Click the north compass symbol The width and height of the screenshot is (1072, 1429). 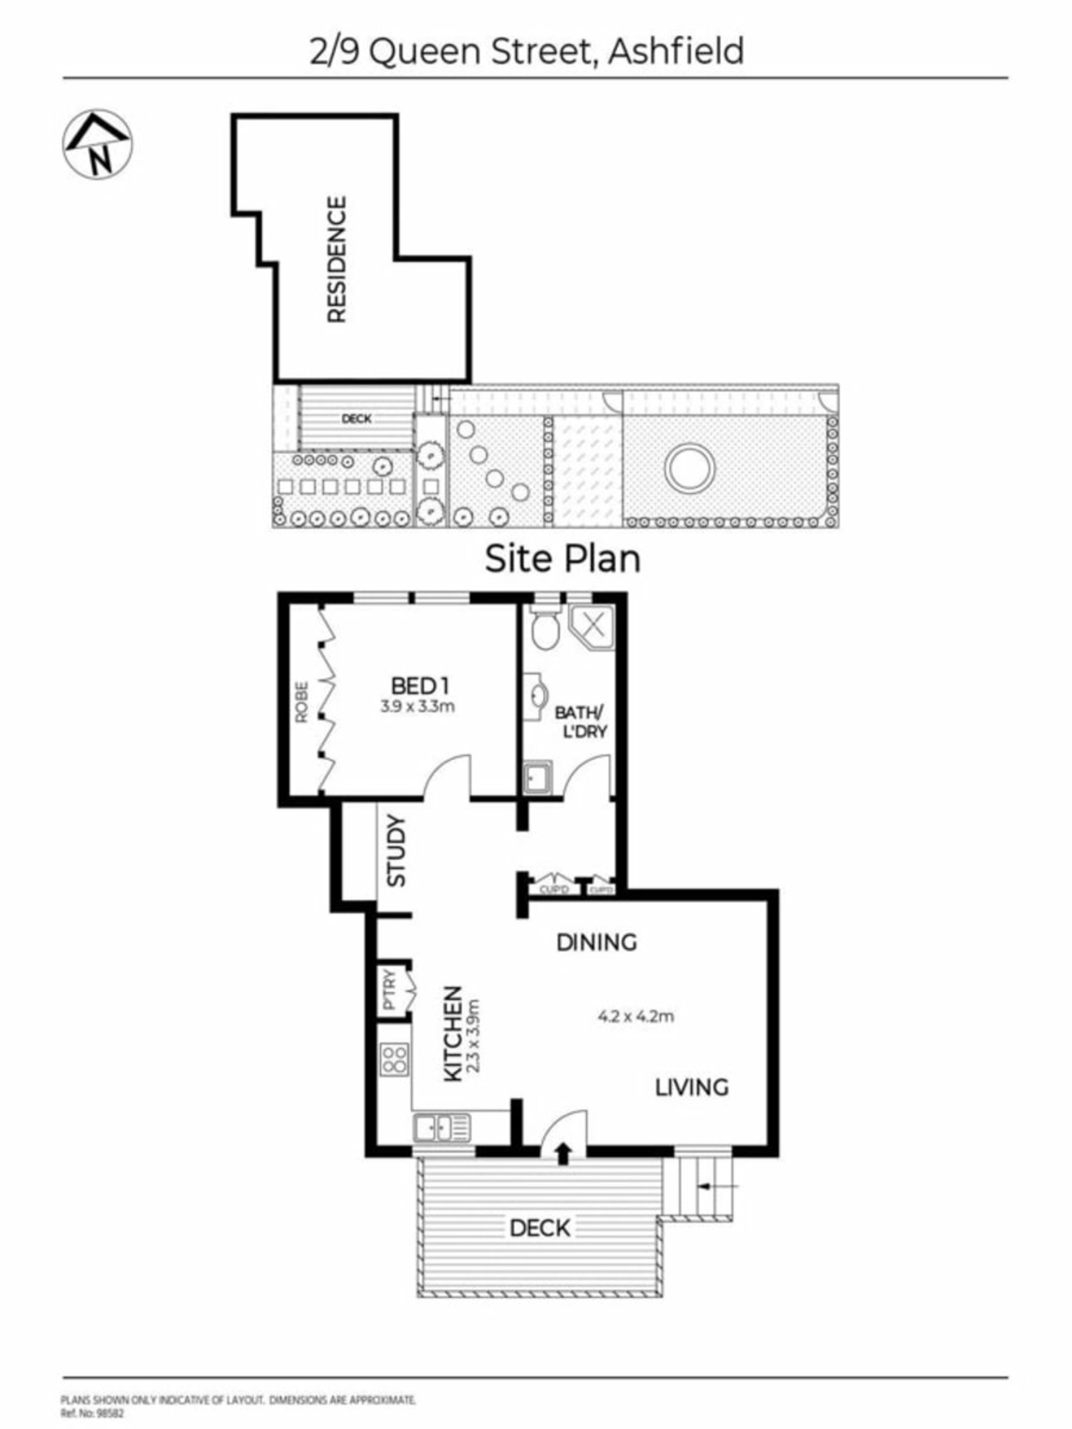97,144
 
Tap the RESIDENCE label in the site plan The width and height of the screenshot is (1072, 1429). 337,259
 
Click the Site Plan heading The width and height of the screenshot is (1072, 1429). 562,559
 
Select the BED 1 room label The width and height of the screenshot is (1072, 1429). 420,685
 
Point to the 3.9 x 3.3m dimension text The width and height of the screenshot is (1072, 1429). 418,707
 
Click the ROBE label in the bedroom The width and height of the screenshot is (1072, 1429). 301,702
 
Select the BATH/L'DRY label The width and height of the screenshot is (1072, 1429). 581,722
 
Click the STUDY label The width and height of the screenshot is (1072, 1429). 395,851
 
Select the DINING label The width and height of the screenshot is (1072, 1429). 596,943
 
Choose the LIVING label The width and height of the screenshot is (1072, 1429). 692,1088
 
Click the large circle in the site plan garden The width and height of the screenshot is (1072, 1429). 690,467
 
